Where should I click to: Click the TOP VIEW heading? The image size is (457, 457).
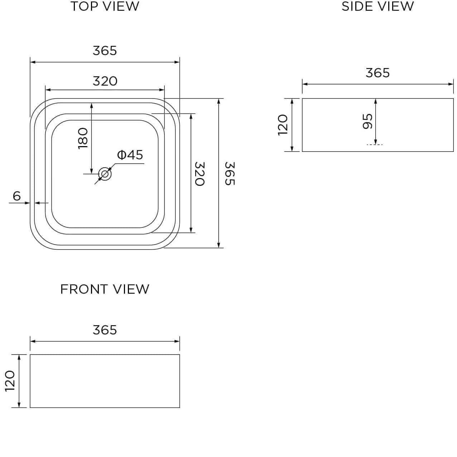[105, 6]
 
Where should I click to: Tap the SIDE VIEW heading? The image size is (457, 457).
[377, 6]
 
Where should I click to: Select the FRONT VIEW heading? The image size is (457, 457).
[105, 289]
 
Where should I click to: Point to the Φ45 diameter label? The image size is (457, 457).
[130, 155]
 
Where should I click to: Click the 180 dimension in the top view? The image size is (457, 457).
[83, 138]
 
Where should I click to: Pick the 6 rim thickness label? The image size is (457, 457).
[17, 196]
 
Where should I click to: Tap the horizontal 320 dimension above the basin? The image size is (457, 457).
[105, 81]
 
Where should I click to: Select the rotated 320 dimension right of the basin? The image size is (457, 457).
[199, 174]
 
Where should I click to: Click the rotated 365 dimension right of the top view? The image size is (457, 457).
[230, 173]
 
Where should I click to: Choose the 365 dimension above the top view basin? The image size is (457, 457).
[105, 51]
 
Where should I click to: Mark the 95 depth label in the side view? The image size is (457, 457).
[368, 121]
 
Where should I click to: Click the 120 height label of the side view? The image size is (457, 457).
[283, 125]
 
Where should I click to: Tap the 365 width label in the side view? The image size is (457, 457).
[377, 73]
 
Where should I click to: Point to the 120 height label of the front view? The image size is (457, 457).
[10, 381]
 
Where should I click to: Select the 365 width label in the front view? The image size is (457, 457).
[105, 330]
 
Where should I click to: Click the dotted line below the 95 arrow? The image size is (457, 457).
[375, 145]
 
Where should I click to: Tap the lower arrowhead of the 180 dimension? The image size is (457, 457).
[92, 170]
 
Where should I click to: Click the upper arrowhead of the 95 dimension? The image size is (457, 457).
[375, 101]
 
